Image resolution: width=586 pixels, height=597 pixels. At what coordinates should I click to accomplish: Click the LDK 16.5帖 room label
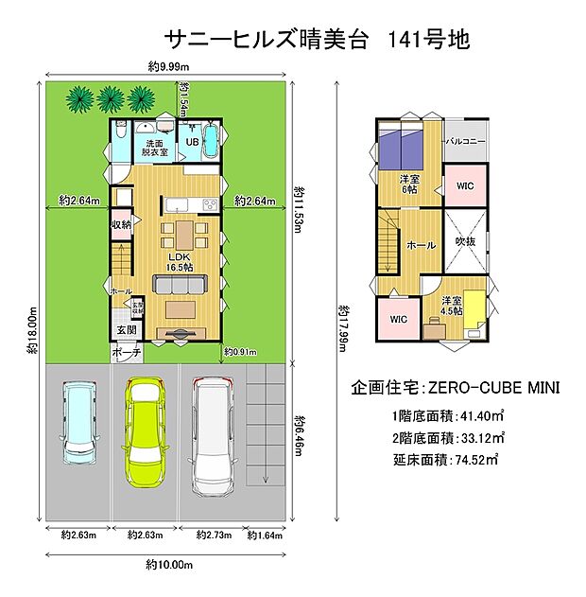(181, 261)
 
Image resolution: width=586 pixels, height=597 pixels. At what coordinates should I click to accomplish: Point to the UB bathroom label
(191, 142)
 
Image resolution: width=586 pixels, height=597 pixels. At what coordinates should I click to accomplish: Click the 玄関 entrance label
(126, 328)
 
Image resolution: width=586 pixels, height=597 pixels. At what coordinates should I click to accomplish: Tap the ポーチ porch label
(126, 352)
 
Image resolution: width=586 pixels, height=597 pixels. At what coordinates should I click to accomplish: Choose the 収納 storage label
(121, 224)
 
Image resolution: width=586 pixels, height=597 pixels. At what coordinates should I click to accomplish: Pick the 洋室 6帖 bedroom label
(409, 184)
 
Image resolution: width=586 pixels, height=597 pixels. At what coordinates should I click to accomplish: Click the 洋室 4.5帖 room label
(452, 306)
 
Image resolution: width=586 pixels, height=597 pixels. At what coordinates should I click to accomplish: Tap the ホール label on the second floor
(421, 245)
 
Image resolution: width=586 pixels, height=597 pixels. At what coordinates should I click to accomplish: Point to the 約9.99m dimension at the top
(169, 67)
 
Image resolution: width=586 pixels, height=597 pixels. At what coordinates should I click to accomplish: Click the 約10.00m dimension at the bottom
(169, 564)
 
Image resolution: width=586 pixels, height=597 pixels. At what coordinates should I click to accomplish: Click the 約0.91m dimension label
(241, 353)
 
